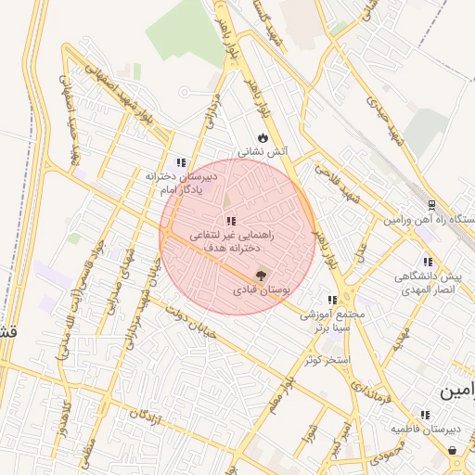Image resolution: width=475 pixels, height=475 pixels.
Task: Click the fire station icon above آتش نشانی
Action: pos(263,135)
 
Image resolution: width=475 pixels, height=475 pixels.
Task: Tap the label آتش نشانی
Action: pos(264,151)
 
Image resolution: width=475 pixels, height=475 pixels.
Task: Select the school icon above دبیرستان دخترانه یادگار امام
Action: pos(180,162)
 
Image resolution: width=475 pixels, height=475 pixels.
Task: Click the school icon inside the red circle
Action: pos(230,221)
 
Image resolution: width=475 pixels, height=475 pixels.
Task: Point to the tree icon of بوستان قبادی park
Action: pos(260,275)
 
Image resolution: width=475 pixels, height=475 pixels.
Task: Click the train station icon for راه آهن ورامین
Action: pos(432,205)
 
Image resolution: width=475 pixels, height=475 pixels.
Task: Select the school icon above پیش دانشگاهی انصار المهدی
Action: pos(427,262)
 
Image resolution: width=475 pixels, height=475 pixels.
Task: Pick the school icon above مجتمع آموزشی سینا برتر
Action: pos(331,300)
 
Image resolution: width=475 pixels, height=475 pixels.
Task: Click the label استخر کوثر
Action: pos(325,358)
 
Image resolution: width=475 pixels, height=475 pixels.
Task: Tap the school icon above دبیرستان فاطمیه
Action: pos(425,415)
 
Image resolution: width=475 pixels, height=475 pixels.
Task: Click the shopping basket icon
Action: pos(453,450)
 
